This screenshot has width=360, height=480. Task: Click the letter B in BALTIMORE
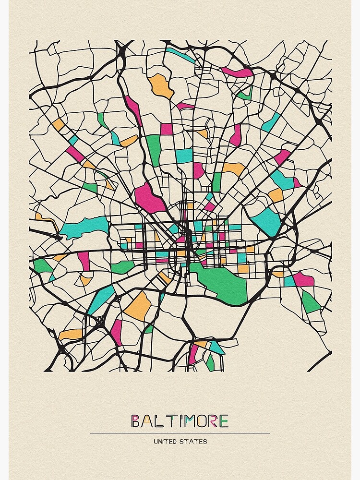point(136,421)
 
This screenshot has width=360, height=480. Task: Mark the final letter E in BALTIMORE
point(224,421)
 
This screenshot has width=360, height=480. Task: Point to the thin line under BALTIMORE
point(180,433)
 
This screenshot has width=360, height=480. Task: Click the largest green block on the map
point(223,283)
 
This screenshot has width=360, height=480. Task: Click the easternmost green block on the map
point(311,302)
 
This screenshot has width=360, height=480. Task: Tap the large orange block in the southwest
point(139,306)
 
